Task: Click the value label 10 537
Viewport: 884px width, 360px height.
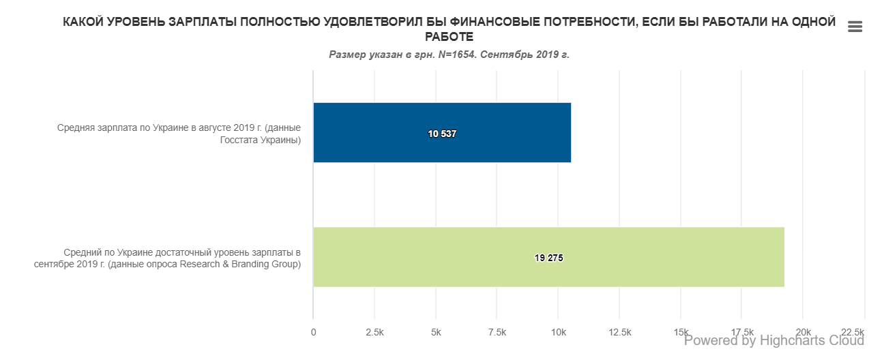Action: pyautogui.click(x=442, y=134)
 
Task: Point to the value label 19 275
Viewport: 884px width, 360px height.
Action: pyautogui.click(x=549, y=258)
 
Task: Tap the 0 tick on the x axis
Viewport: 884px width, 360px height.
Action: pyautogui.click(x=313, y=332)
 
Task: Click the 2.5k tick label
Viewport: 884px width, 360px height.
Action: pyautogui.click(x=374, y=332)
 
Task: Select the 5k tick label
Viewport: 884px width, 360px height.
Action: pyautogui.click(x=436, y=332)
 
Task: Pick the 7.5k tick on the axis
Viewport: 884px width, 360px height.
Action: pyautogui.click(x=497, y=332)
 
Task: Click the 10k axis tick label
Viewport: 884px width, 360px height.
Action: pyautogui.click(x=558, y=332)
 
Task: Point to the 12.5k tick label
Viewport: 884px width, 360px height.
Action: pyautogui.click(x=619, y=332)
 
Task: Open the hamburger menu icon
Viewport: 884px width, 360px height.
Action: pyautogui.click(x=855, y=27)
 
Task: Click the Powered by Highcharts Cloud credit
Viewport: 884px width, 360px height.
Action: pyautogui.click(x=773, y=340)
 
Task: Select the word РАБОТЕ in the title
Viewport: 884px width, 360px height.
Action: pyautogui.click(x=449, y=37)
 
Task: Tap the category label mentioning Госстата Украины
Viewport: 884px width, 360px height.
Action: pyautogui.click(x=179, y=134)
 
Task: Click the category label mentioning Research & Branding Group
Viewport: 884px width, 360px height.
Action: pyautogui.click(x=167, y=258)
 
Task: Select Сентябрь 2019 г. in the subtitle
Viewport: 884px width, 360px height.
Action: pyautogui.click(x=525, y=55)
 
